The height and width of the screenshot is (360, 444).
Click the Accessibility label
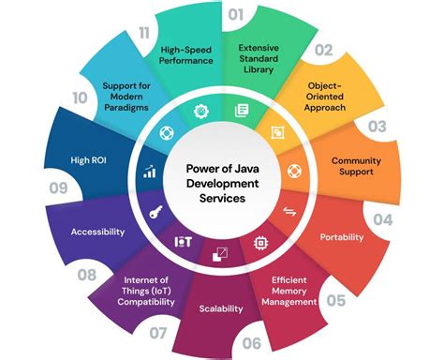(x=98, y=232)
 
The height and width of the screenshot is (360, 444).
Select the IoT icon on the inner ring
(x=183, y=241)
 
